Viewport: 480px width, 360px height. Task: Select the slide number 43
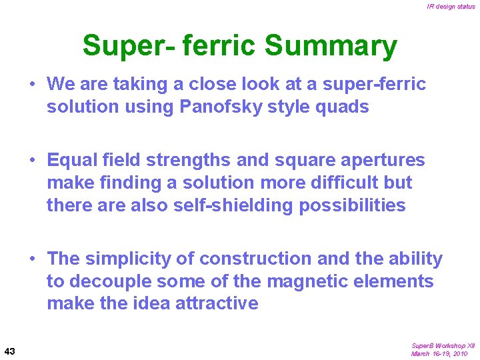10,351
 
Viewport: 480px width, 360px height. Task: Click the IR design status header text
451,7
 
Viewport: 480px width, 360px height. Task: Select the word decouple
115,281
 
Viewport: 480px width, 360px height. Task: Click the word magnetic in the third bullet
309,281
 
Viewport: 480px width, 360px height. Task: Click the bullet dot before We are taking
32,85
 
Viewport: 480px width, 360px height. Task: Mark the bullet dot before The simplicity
32,259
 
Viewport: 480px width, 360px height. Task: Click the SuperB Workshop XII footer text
443,346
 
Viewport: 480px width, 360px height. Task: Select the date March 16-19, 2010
439,354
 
